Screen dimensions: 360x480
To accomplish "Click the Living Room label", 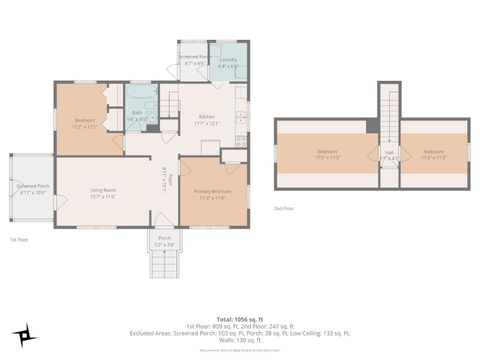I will point(103,192).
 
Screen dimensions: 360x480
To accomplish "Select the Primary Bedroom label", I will point(206,193).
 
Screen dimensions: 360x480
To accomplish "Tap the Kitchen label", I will point(206,119).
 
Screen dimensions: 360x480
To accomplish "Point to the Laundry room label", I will point(227,63).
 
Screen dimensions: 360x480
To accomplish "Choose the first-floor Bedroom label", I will point(84,123).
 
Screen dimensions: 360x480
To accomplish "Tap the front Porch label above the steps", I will point(164,241).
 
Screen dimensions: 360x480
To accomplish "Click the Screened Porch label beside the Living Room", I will point(32,189).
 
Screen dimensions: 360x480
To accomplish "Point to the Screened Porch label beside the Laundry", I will point(193,60).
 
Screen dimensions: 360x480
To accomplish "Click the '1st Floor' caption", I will point(19,240).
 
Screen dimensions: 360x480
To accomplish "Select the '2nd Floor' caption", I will point(284,209).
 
